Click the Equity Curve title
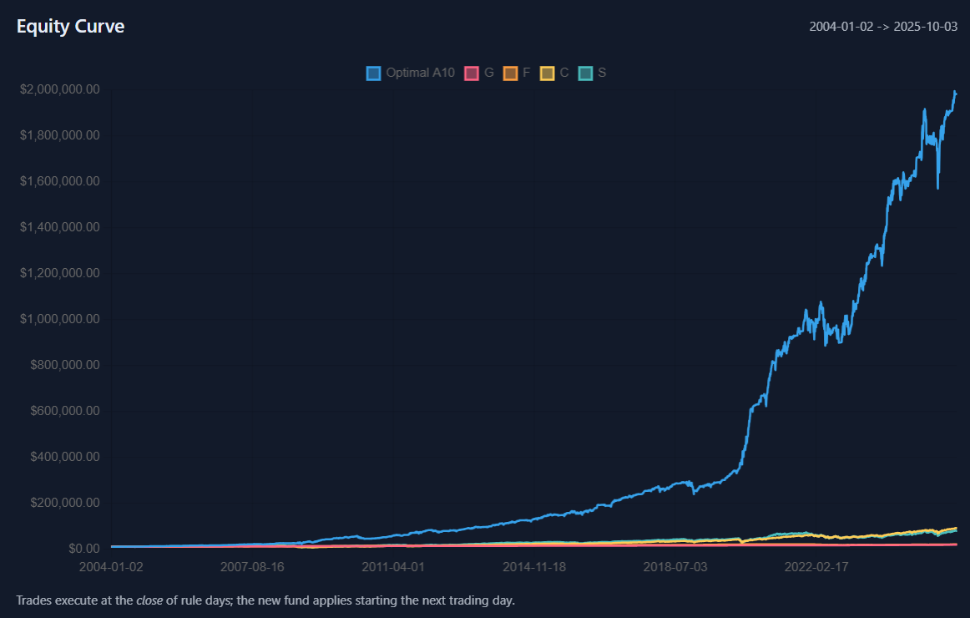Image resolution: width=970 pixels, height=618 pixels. tap(70, 26)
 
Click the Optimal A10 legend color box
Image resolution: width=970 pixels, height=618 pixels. tap(373, 73)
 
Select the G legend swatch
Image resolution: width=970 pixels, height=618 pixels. tap(472, 73)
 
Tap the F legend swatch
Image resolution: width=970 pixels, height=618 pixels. tap(510, 73)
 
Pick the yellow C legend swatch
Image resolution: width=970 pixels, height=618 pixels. tap(548, 73)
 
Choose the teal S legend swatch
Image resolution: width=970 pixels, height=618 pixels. tap(585, 73)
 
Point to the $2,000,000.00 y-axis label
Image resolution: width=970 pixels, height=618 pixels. tap(60, 89)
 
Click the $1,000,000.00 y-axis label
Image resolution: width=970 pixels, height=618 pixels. tap(60, 319)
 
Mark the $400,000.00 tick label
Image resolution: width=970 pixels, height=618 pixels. tap(65, 457)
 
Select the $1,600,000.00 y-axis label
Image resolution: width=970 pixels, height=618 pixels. tap(60, 181)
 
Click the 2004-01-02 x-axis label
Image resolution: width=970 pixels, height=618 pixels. tap(111, 566)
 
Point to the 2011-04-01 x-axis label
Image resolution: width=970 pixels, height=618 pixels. tap(392, 566)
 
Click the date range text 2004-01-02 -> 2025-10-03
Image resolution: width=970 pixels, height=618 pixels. tap(882, 26)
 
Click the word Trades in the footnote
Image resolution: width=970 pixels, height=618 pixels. tap(33, 600)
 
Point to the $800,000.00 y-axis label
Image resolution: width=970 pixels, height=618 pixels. tap(65, 365)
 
